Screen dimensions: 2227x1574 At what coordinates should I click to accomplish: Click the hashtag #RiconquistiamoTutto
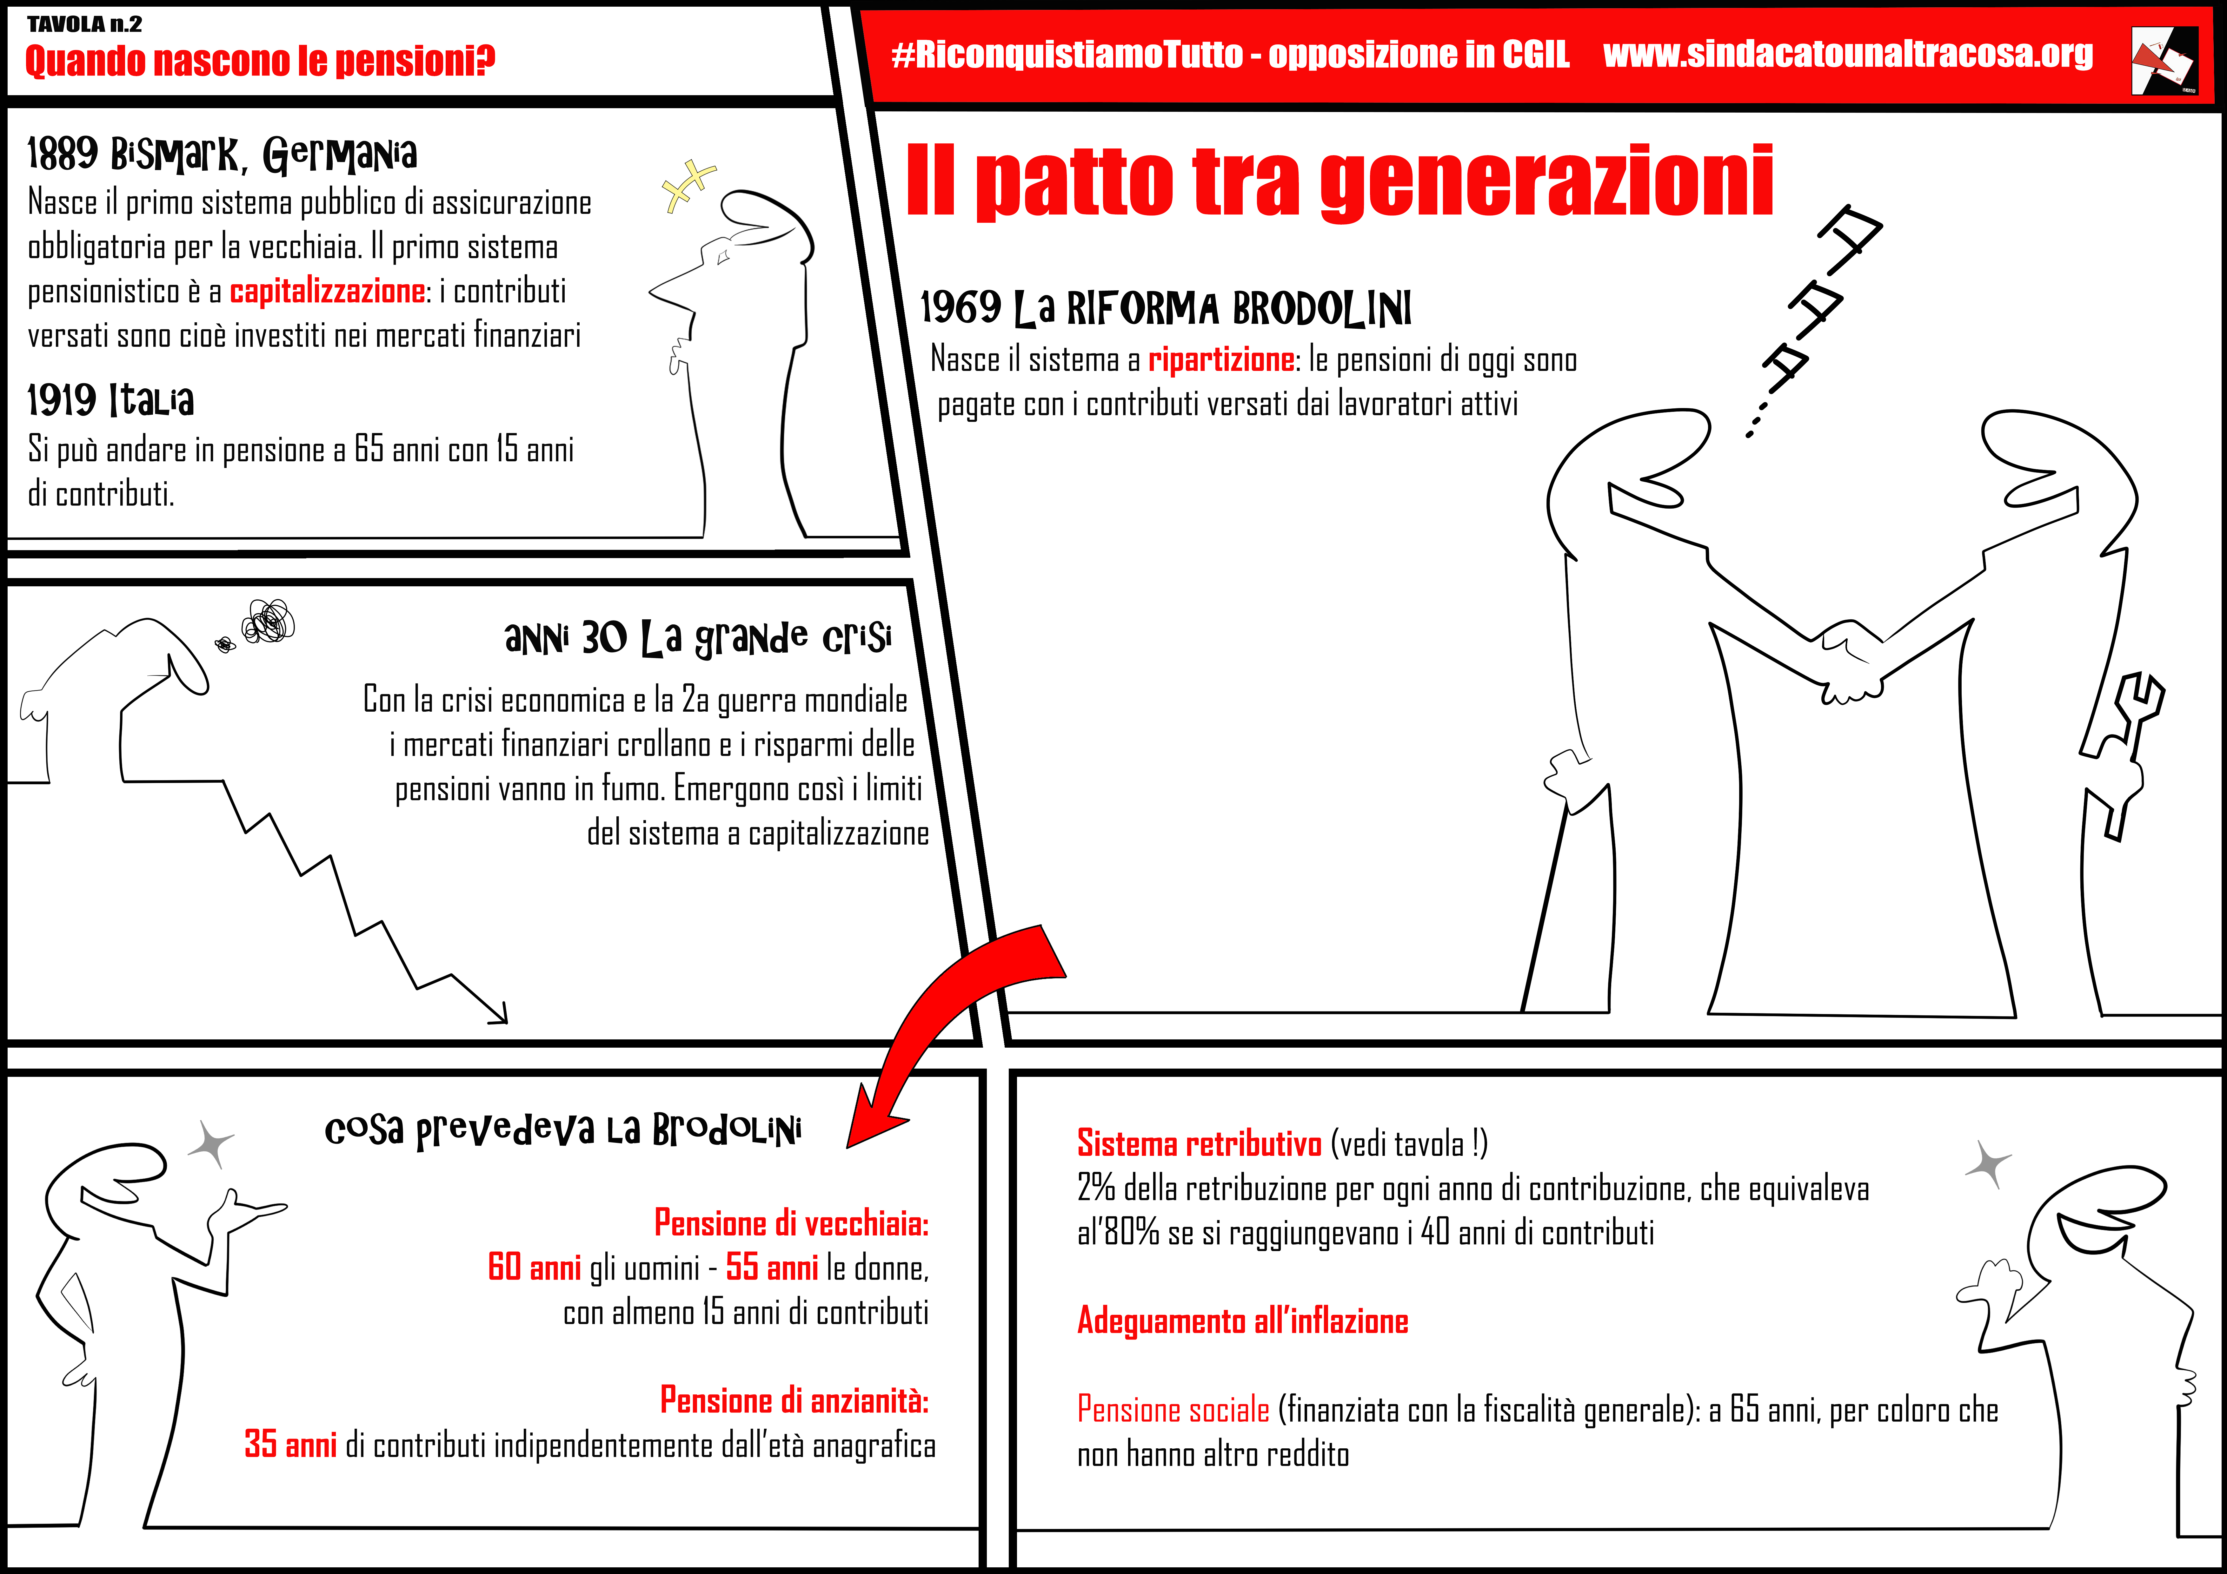pos(1067,54)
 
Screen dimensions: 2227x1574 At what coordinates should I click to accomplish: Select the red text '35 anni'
pos(290,1444)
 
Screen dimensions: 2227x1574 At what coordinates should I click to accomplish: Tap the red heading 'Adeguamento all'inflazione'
pos(1242,1321)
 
